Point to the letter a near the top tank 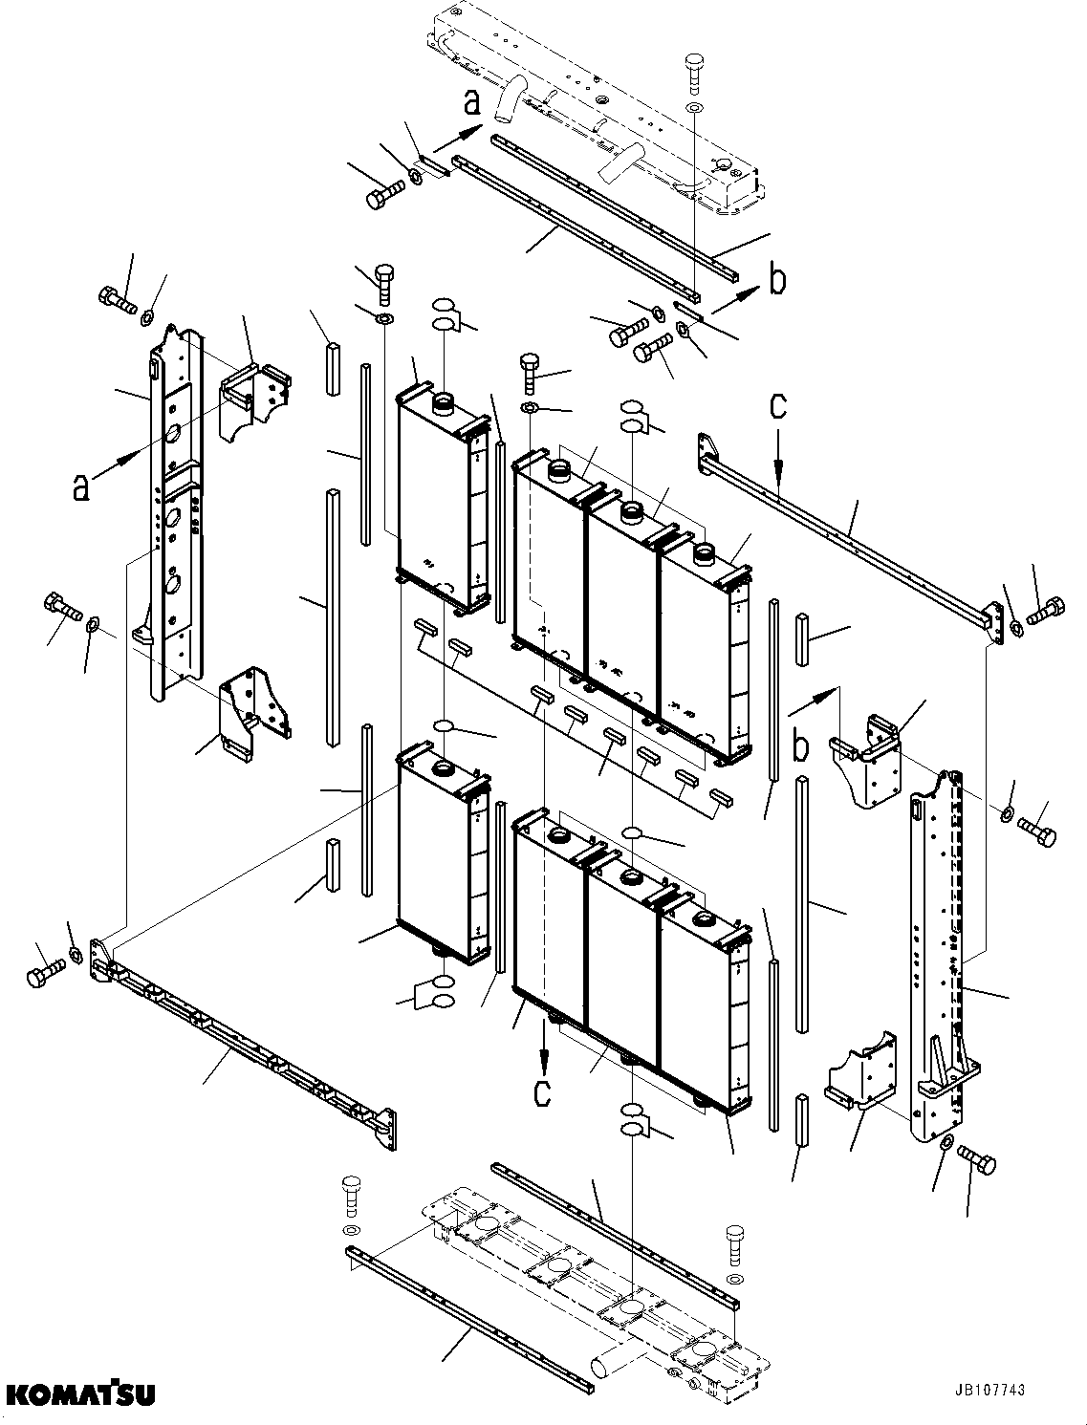472,102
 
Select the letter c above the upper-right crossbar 778,406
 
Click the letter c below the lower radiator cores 542,1092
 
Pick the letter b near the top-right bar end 779,279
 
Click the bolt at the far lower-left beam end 43,975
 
